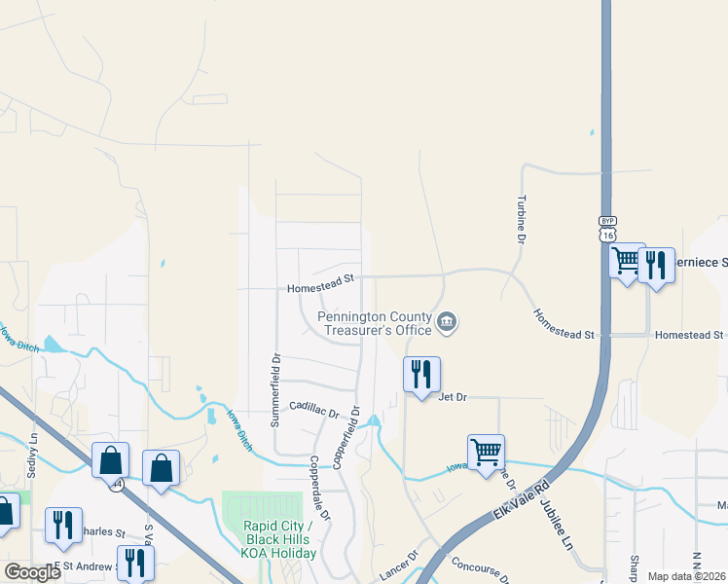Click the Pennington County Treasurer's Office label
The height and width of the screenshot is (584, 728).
coord(377,322)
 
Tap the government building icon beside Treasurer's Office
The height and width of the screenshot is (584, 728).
coord(447,321)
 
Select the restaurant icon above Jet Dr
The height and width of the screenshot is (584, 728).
coord(421,374)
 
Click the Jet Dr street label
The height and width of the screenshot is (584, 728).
coord(454,397)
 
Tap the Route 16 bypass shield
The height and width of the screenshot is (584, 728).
coord(607,229)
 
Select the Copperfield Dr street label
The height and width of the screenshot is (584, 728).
coord(347,437)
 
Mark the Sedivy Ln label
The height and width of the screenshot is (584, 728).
coord(33,451)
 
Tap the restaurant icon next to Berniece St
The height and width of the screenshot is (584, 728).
coord(657,265)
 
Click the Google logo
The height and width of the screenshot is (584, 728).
coord(32,572)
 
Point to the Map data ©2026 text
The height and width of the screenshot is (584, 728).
coord(685,576)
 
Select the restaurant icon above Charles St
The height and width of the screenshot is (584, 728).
coord(63,523)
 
